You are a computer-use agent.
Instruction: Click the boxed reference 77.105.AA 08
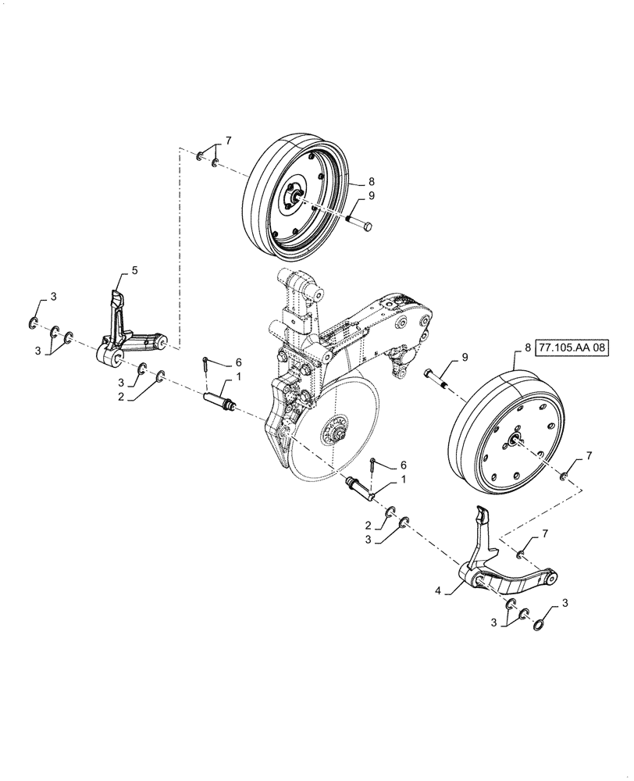[573, 348]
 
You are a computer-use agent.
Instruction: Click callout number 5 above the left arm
[134, 270]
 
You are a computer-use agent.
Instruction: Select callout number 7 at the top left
[229, 141]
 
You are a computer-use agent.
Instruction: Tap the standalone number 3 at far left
[53, 296]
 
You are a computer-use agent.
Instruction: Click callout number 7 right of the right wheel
[589, 455]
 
